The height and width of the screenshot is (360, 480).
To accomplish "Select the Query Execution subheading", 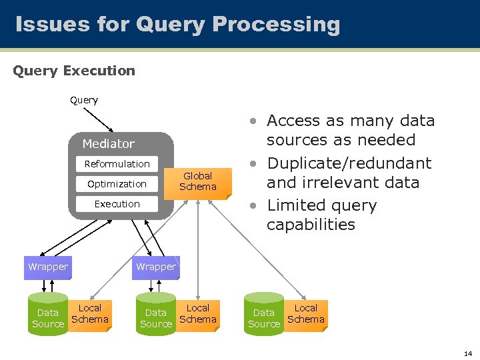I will pyautogui.click(x=74, y=71).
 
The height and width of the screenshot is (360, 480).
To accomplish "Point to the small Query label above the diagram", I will pyautogui.click(x=84, y=100).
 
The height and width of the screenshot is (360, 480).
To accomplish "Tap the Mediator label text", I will pyautogui.click(x=108, y=144).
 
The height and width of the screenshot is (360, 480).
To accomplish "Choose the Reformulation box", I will pyautogui.click(x=117, y=164).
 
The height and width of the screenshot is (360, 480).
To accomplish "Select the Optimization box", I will pyautogui.click(x=117, y=184).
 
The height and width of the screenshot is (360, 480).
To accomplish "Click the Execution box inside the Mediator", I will pyautogui.click(x=117, y=204).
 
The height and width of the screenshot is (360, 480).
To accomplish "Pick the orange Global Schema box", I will pyautogui.click(x=198, y=181).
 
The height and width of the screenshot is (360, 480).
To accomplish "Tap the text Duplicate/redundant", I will pyautogui.click(x=349, y=163).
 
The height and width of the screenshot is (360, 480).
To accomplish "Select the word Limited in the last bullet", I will pyautogui.click(x=297, y=205).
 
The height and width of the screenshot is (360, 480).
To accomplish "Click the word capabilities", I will pyautogui.click(x=311, y=225).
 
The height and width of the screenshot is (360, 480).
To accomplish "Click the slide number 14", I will pyautogui.click(x=467, y=353).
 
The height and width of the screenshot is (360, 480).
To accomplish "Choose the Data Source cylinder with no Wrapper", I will pyautogui.click(x=264, y=315).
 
